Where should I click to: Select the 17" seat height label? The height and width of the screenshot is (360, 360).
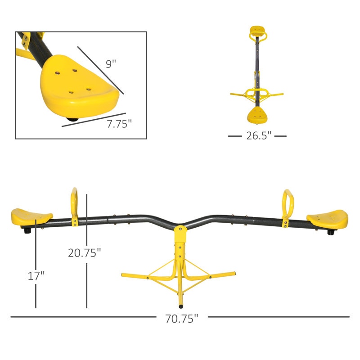tap(36, 275)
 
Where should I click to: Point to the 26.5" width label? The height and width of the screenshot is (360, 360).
tap(257, 135)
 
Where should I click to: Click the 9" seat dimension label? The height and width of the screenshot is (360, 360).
tap(111, 63)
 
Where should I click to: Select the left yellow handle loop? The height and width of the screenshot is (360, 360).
tap(75, 202)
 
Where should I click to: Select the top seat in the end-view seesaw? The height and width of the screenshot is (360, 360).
tap(256, 32)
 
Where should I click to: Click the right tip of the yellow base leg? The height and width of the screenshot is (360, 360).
tap(233, 273)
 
